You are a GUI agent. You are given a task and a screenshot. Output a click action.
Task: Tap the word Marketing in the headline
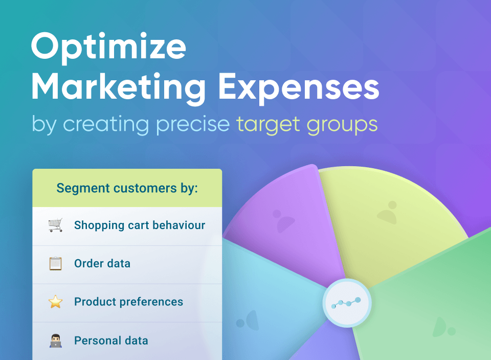click(x=118, y=87)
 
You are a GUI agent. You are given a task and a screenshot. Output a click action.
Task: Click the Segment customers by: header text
click(x=127, y=188)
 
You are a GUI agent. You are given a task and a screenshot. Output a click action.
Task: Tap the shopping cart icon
click(x=55, y=225)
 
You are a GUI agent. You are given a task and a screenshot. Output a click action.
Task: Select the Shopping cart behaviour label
click(x=140, y=226)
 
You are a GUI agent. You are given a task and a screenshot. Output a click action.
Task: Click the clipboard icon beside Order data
click(x=55, y=263)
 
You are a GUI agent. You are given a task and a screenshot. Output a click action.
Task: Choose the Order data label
click(x=102, y=263)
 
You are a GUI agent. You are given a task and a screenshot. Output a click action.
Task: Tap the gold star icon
click(x=55, y=302)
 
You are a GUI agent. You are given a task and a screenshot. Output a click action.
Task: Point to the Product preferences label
click(x=129, y=302)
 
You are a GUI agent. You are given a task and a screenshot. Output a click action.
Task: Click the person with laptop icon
click(x=56, y=341)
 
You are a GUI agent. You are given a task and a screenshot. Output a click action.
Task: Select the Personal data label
click(x=111, y=341)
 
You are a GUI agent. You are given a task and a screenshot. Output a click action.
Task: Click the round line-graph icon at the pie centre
click(x=347, y=303)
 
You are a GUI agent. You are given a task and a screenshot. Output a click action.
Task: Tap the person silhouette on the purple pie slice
click(x=283, y=221)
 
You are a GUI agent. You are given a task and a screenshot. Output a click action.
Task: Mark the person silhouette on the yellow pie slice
click(x=388, y=213)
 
